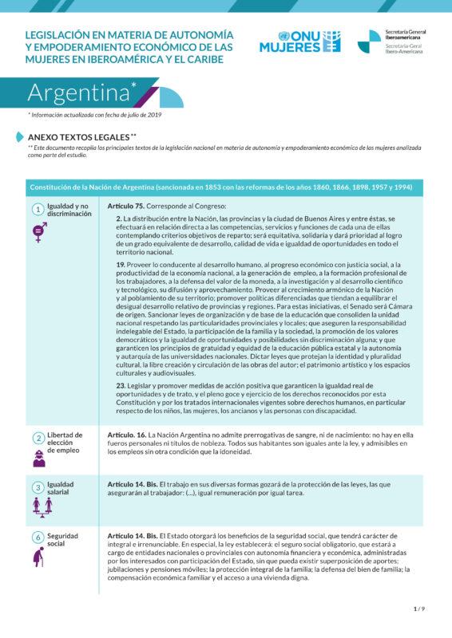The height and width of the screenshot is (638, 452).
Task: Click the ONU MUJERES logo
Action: coord(299,41)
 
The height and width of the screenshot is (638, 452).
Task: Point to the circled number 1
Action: coord(38,210)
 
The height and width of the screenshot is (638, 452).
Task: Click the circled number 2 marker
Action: coord(38,438)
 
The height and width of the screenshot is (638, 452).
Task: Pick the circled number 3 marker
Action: coord(38,487)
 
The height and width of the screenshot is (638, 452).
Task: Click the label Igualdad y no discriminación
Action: coord(69,210)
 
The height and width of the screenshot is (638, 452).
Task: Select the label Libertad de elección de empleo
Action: coord(65,443)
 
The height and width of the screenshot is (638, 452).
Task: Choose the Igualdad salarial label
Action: coord(61,487)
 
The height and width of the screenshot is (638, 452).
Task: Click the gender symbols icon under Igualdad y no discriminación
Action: coord(38,232)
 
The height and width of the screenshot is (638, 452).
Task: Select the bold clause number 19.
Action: coord(120,264)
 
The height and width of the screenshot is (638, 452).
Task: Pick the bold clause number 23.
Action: coord(120,385)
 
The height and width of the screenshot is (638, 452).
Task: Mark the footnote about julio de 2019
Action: coord(94,115)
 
